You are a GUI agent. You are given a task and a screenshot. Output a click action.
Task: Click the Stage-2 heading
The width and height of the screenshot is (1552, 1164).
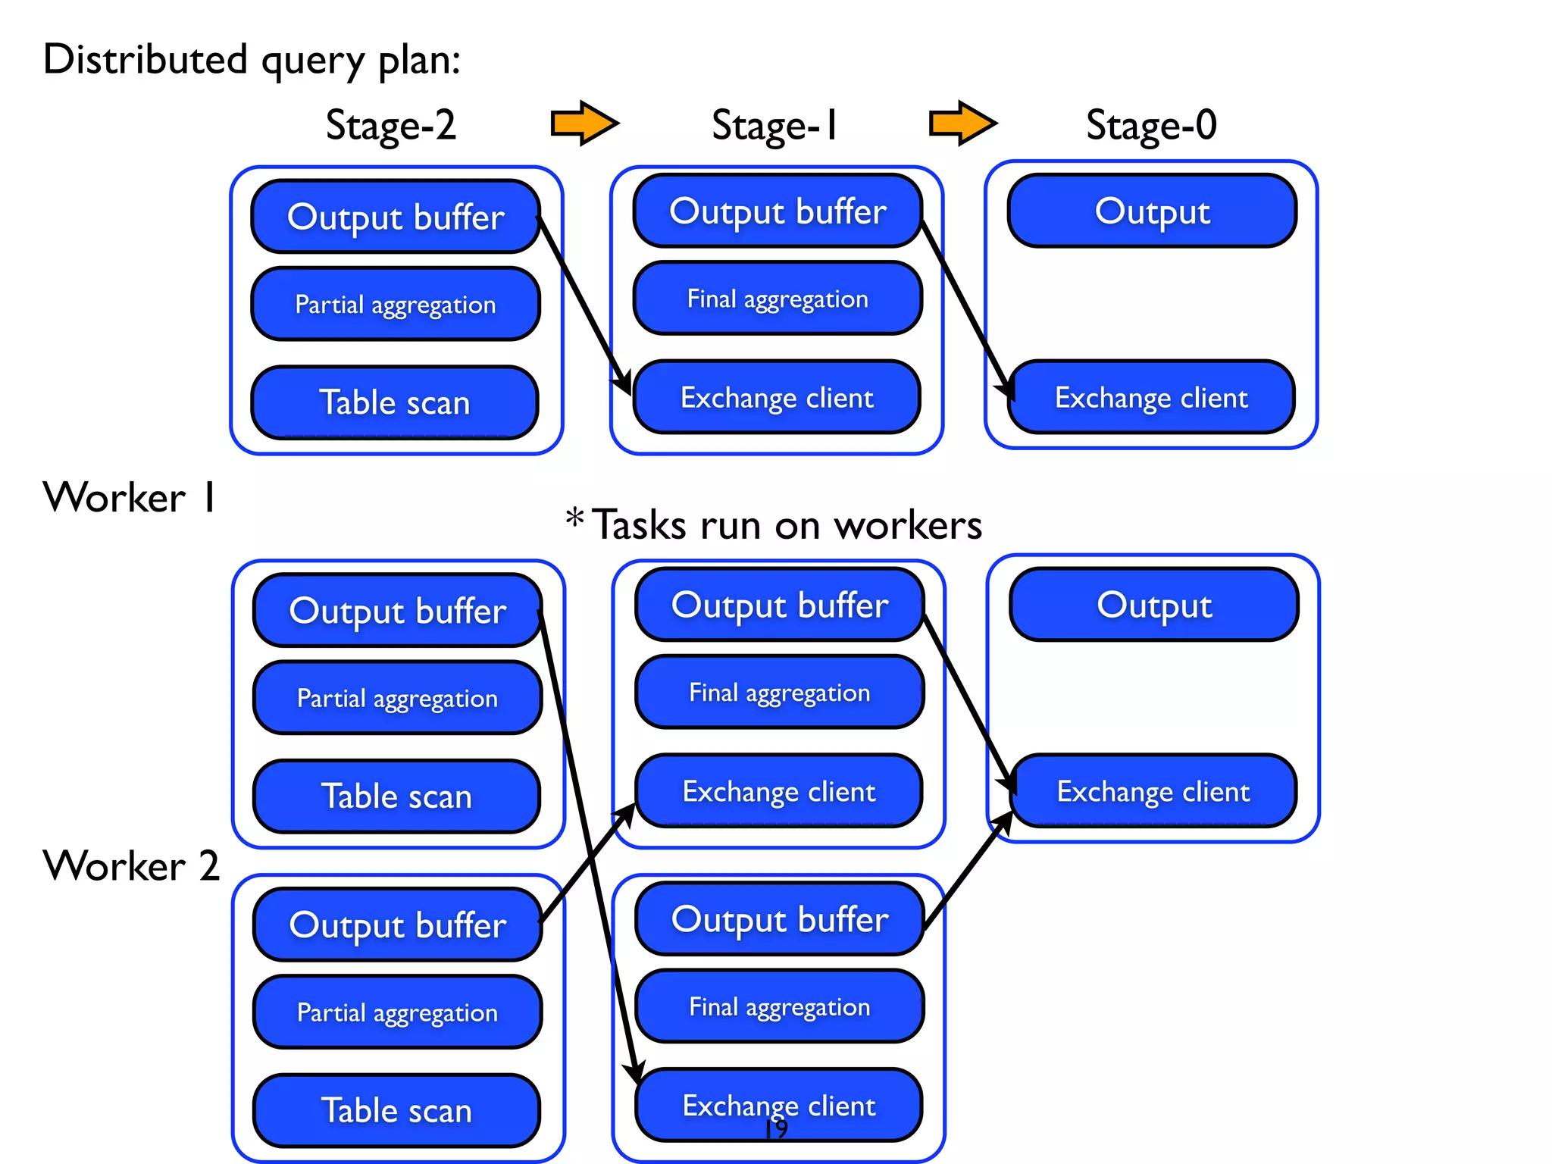[x=391, y=125]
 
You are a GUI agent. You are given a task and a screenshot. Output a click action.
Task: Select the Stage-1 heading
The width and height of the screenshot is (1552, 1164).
[x=774, y=125]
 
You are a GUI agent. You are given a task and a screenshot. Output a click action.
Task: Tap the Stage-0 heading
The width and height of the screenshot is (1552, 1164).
[x=1151, y=125]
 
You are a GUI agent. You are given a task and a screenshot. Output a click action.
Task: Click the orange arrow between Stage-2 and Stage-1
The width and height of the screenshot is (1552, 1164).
[x=584, y=123]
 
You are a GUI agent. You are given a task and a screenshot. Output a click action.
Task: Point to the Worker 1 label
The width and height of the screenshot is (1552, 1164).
[x=130, y=498]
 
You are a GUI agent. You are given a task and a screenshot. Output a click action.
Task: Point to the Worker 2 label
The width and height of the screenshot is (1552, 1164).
[x=131, y=865]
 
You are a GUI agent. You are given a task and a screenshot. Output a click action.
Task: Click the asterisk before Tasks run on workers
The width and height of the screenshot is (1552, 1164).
[x=574, y=519]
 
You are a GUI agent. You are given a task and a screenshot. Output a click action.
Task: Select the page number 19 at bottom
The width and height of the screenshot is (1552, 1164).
[x=776, y=1130]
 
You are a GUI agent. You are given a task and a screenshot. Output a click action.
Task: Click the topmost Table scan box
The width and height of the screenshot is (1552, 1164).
[x=395, y=402]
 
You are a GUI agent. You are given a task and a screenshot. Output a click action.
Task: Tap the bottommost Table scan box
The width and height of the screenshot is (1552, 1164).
[x=397, y=1110]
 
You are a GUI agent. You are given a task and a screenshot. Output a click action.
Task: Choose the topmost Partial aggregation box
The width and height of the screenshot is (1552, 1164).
[x=395, y=304]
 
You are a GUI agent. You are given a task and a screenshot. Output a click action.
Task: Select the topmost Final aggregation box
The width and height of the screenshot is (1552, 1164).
[x=778, y=299]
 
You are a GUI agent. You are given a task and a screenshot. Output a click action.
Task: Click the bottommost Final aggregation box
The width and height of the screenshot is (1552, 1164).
[x=779, y=1006]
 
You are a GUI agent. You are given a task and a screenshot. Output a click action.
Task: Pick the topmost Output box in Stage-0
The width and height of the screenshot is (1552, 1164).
[x=1152, y=211]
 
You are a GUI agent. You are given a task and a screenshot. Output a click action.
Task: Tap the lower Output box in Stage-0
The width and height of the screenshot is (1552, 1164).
[x=1154, y=605]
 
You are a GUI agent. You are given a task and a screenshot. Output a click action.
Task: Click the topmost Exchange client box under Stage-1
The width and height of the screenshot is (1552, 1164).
[x=777, y=397]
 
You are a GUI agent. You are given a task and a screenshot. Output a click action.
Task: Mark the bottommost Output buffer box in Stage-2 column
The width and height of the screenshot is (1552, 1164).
[x=397, y=925]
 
